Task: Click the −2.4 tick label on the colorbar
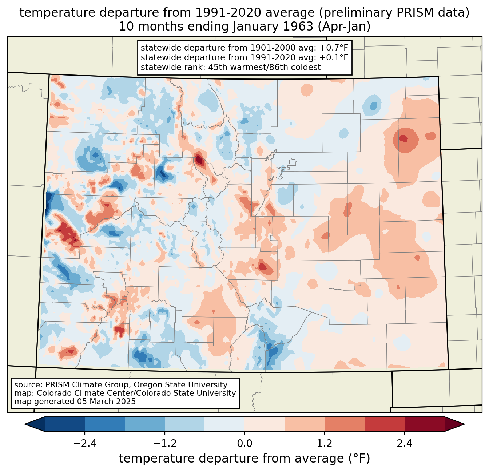(85, 444)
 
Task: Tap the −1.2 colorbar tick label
(164, 444)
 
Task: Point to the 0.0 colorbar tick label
(244, 444)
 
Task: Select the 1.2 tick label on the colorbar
(325, 444)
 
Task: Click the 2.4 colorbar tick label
(405, 444)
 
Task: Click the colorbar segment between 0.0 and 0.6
(265, 424)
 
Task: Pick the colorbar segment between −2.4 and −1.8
(105, 424)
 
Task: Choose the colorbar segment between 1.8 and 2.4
(385, 424)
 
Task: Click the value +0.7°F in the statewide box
(334, 48)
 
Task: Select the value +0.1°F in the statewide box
(334, 57)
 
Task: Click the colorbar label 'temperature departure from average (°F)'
(244, 459)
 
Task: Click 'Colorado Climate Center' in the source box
(74, 393)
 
